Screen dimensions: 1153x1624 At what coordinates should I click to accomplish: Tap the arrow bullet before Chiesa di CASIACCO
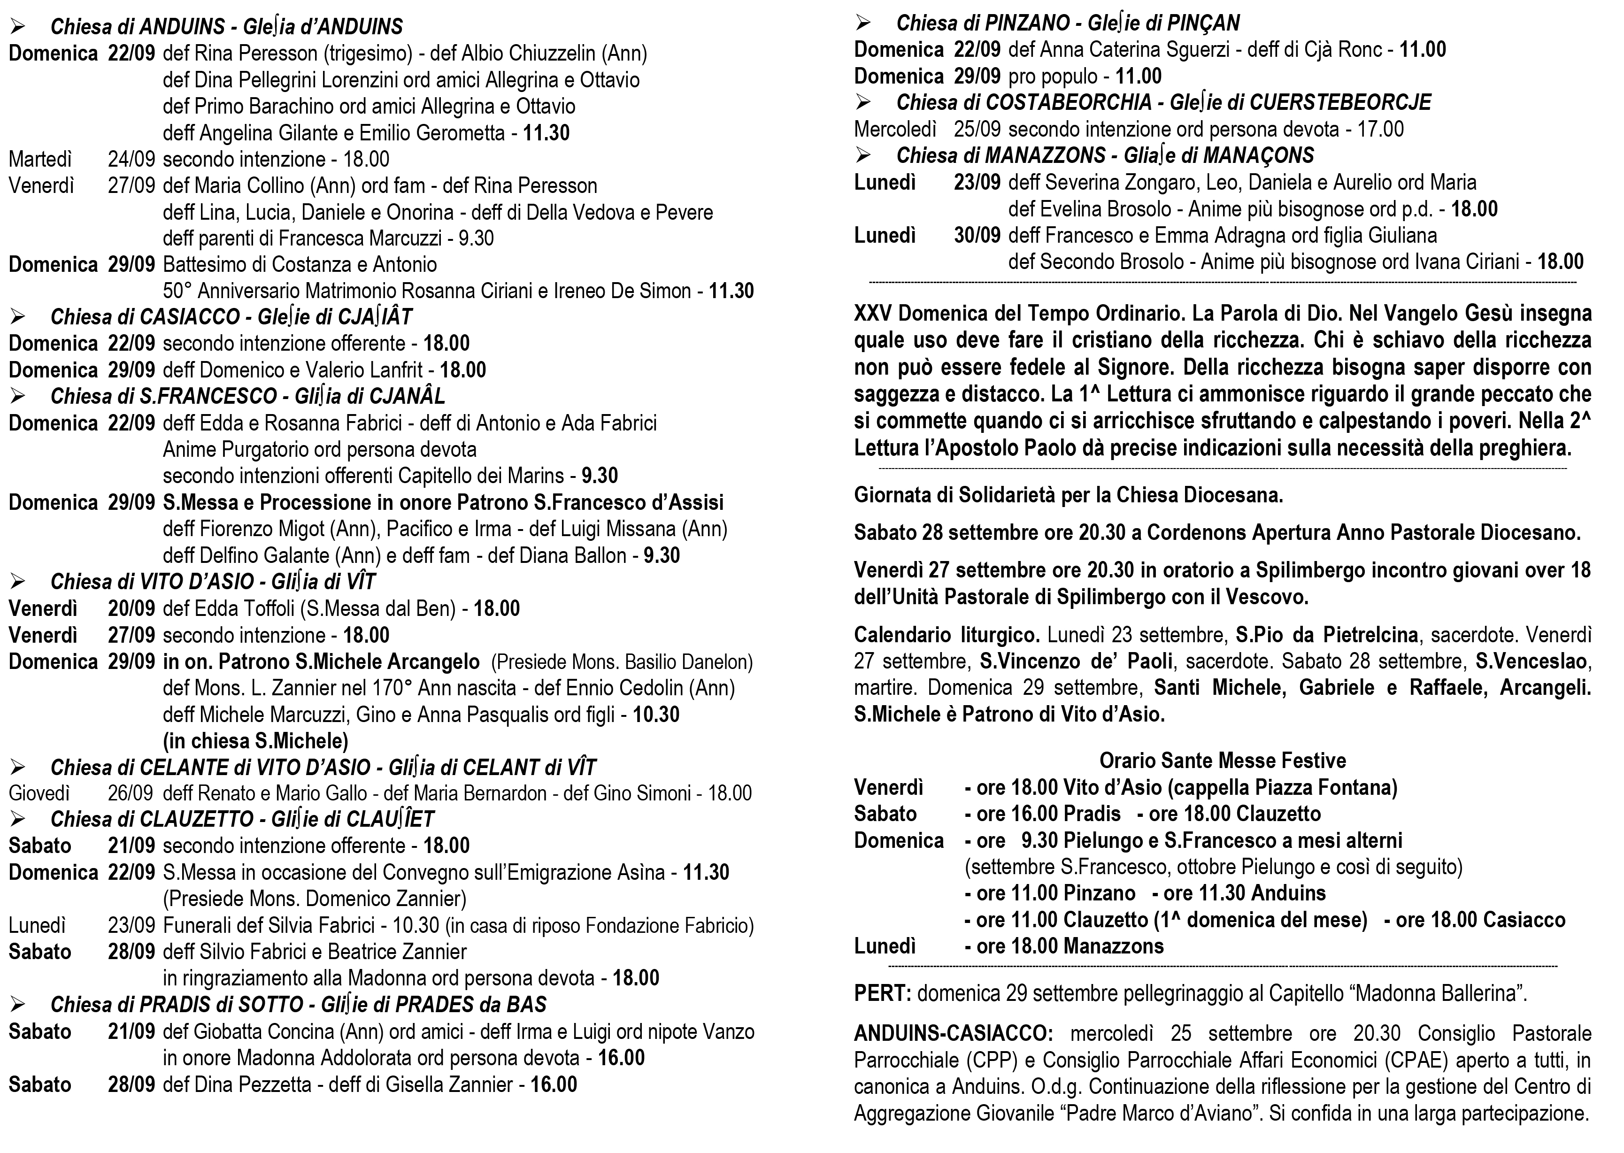click(18, 316)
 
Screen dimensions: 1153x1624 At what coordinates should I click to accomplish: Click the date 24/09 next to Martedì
click(131, 159)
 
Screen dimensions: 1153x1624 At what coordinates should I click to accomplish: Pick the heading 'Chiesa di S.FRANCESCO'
click(163, 396)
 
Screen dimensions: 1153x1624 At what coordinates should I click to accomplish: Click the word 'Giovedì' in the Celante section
click(39, 793)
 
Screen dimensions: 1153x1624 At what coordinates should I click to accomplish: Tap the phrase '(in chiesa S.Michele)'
click(255, 741)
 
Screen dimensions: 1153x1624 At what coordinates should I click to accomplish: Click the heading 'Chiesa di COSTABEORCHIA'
click(1023, 103)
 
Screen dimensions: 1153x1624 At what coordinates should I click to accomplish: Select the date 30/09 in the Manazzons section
click(977, 236)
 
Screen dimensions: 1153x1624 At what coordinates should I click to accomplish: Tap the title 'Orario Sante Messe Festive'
click(1222, 761)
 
